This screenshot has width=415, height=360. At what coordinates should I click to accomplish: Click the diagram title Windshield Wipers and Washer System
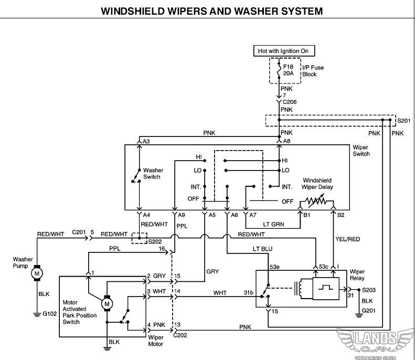click(x=211, y=10)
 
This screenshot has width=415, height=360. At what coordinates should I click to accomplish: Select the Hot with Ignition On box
click(x=283, y=51)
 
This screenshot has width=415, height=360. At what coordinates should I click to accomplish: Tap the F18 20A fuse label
click(x=289, y=70)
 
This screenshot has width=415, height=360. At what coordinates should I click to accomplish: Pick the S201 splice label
click(x=403, y=121)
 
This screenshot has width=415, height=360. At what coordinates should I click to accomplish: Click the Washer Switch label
click(x=152, y=174)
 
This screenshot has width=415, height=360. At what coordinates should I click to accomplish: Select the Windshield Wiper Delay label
click(x=317, y=184)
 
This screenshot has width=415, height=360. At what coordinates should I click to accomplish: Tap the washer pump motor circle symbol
click(x=37, y=273)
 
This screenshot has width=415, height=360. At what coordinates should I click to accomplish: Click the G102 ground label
click(x=49, y=314)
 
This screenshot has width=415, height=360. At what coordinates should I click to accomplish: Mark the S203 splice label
click(x=370, y=290)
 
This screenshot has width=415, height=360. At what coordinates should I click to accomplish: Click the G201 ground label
click(x=370, y=310)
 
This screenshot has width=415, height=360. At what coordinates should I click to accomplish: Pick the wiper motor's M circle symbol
click(x=107, y=303)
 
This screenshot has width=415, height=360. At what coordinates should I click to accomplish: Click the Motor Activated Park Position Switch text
click(x=79, y=312)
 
